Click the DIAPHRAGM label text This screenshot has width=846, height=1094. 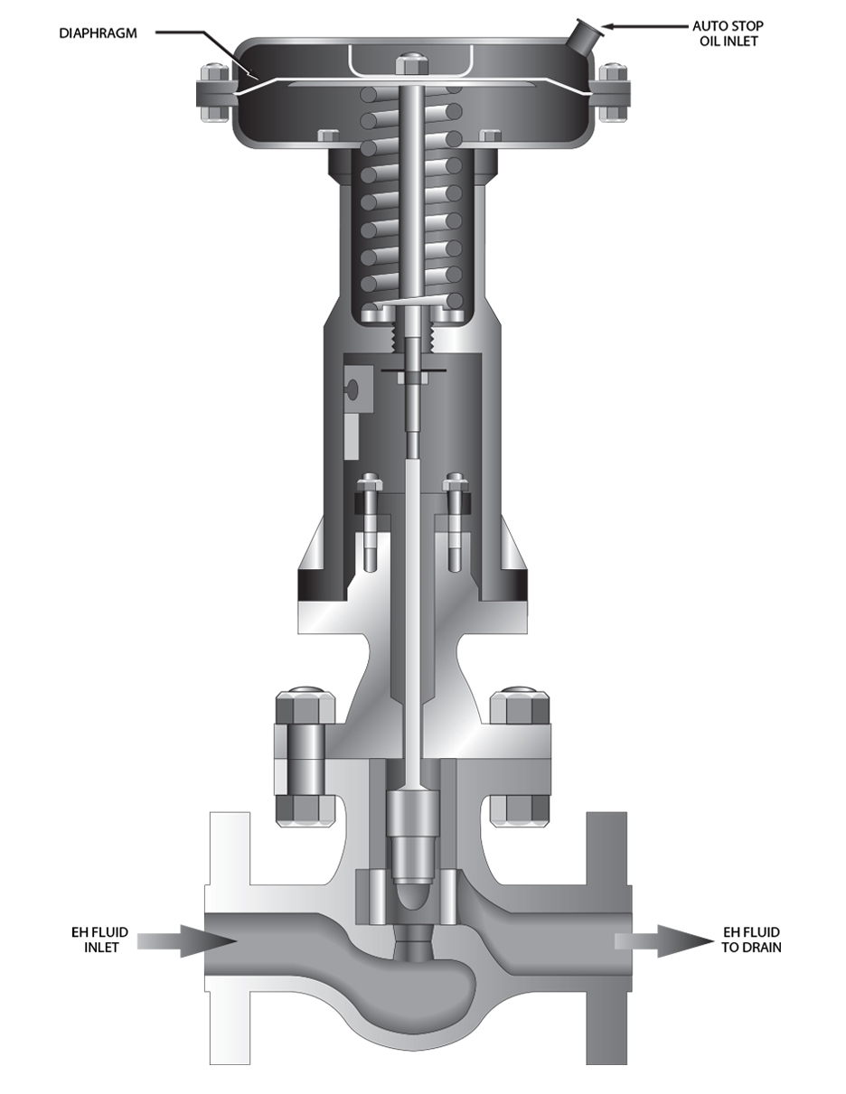click(99, 33)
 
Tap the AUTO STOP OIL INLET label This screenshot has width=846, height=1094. click(728, 33)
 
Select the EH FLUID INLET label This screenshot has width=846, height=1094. click(100, 940)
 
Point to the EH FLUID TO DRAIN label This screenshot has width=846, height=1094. click(751, 940)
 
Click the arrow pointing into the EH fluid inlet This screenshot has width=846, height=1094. click(187, 941)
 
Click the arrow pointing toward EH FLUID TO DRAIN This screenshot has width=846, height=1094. click(664, 940)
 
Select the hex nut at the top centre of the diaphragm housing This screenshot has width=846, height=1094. click(412, 63)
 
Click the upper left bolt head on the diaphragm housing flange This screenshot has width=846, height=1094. click(214, 73)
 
